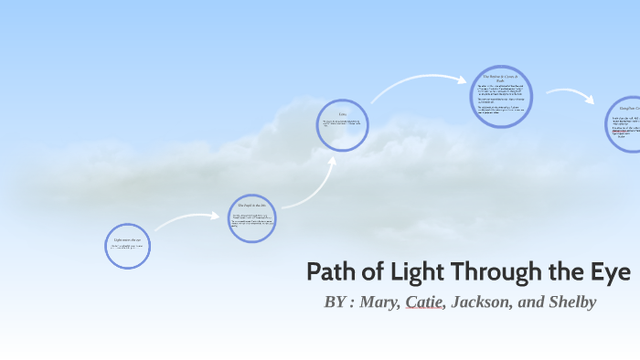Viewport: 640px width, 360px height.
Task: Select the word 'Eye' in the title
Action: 613,272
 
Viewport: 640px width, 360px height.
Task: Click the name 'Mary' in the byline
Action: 380,302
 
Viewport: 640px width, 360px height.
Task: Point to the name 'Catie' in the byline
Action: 423,302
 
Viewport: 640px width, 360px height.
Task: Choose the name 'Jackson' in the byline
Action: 478,302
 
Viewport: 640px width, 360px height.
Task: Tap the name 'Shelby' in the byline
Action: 571,302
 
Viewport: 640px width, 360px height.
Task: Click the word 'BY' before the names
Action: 335,302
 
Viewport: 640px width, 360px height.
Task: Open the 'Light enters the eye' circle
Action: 127,246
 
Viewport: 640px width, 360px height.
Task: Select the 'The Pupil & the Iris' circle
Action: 251,218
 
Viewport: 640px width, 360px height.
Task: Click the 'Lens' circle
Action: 342,124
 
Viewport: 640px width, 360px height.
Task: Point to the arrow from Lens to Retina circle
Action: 416,84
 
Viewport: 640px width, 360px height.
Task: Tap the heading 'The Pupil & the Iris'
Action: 251,206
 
